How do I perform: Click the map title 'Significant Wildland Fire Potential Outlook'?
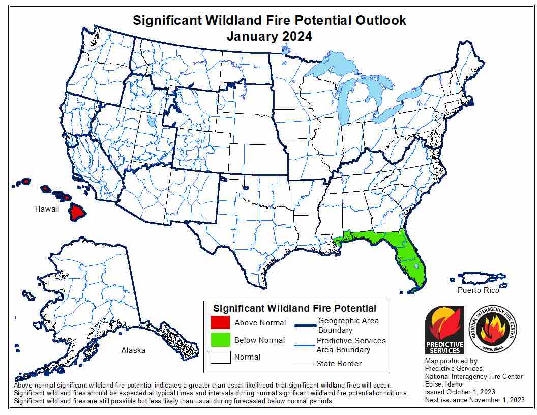(269, 20)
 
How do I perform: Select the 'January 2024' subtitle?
(269, 36)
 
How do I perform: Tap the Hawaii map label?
(47, 209)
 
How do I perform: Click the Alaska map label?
(133, 350)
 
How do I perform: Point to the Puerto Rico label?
(478, 290)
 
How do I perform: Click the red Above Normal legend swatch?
(220, 322)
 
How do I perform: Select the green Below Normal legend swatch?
(220, 340)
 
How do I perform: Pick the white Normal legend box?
(220, 357)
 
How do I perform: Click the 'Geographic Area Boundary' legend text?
(348, 325)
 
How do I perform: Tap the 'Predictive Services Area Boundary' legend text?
(351, 345)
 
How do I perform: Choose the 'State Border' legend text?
(339, 363)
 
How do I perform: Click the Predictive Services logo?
(444, 330)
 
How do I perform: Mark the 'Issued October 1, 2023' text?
(460, 392)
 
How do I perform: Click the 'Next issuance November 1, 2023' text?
(474, 400)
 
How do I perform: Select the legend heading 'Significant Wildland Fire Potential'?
(294, 308)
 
